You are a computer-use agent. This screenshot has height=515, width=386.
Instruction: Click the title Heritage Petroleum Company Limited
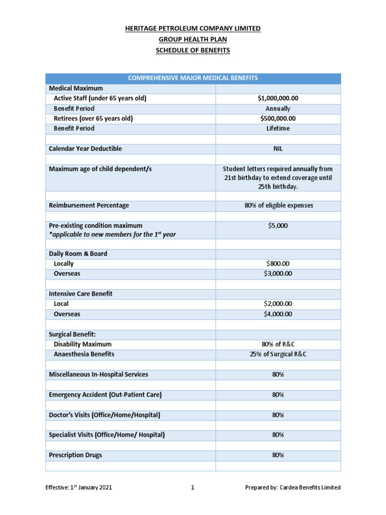193,29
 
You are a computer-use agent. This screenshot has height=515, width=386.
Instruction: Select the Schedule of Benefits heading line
193,51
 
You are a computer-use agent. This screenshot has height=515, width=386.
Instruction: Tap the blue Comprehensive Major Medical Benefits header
193,78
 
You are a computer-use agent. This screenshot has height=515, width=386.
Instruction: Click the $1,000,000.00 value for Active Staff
278,99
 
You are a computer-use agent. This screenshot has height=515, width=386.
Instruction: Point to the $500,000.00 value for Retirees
278,119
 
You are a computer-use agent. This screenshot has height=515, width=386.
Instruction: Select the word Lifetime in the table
278,129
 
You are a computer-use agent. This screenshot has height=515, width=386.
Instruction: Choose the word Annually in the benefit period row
278,109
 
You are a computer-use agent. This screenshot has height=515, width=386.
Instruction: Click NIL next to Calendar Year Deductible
278,149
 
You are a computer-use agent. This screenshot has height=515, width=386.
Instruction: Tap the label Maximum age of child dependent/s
100,169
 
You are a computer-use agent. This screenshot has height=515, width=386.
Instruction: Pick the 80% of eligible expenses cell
278,205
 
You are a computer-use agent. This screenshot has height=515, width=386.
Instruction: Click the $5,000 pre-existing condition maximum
278,226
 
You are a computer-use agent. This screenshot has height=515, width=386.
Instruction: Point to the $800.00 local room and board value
278,264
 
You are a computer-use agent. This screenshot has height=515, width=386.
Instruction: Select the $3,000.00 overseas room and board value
278,274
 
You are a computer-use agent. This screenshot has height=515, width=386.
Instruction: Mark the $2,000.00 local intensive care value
278,304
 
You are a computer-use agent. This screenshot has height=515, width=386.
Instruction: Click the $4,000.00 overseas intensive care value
278,314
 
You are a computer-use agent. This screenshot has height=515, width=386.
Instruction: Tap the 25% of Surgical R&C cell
278,354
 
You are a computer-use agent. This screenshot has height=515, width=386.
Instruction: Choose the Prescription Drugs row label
75,455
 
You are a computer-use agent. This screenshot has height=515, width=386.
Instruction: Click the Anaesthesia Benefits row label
84,354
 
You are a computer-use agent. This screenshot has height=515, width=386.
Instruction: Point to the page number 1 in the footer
192,487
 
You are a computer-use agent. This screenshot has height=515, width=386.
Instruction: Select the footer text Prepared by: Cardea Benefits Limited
293,487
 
